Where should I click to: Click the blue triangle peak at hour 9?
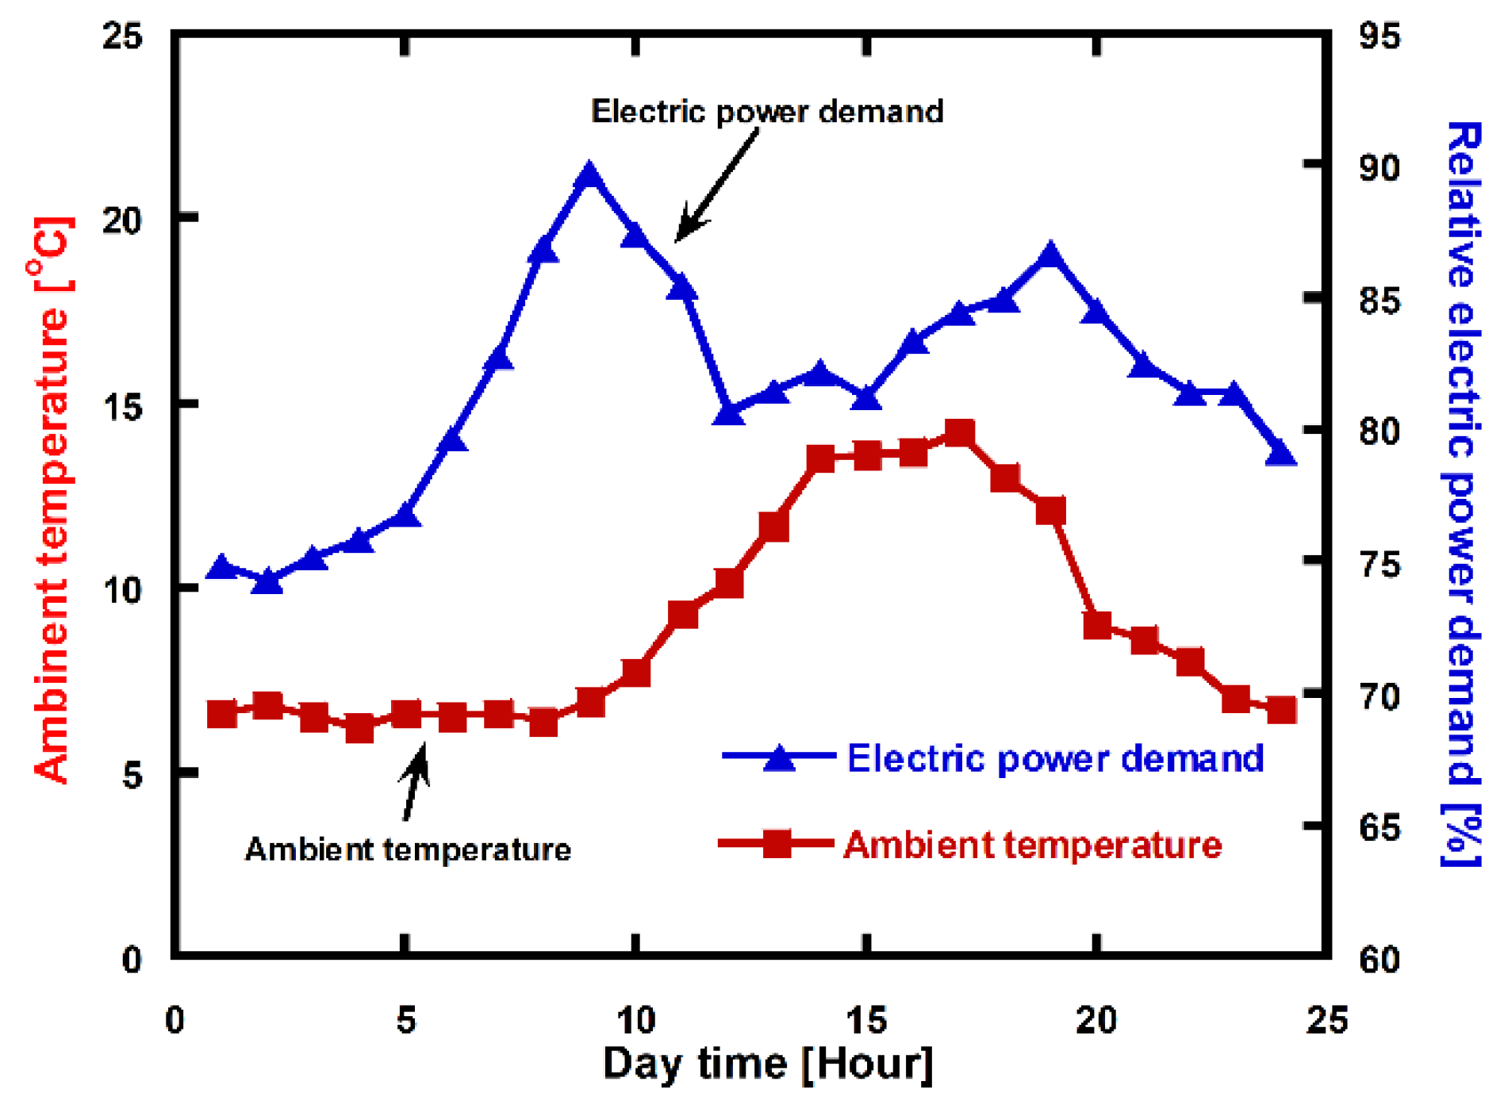coord(589,176)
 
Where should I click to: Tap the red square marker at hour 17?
coord(959,434)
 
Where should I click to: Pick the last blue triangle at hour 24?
coord(1280,454)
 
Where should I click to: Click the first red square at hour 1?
coord(222,714)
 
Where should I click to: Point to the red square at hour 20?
coord(1097,626)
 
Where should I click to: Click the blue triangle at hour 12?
coord(728,413)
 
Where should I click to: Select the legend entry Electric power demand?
coord(1055,758)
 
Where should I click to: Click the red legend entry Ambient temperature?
coord(1031,845)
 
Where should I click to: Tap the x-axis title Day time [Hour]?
coord(768,1063)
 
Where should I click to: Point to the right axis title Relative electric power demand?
coord(1461,492)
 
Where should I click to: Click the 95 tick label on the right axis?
coord(1379,36)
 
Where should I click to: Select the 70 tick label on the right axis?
coord(1379,696)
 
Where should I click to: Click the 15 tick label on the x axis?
coord(865,1019)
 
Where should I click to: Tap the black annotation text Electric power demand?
coord(767,111)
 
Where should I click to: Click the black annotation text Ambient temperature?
coord(408,849)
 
